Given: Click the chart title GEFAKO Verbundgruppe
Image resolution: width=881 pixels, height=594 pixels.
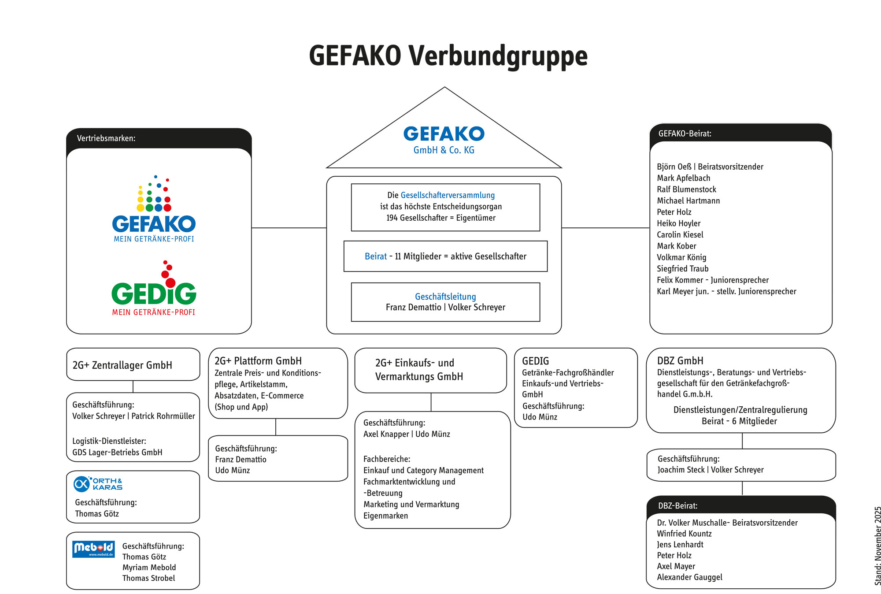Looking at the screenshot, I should (x=448, y=56).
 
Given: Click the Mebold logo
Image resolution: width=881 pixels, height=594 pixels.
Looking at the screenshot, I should (x=93, y=549).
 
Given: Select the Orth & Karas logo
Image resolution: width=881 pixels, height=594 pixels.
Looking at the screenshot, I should (x=98, y=483).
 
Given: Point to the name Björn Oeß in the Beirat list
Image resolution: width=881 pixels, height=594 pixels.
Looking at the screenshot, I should (x=674, y=167).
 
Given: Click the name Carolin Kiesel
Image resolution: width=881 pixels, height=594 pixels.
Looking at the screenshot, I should (x=680, y=234).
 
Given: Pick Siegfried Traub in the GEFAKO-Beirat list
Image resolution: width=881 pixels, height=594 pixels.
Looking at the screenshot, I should (x=682, y=268).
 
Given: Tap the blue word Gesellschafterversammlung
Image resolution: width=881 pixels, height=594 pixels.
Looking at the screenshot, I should (x=448, y=195).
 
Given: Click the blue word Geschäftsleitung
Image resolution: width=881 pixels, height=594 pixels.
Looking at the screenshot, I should (x=445, y=297).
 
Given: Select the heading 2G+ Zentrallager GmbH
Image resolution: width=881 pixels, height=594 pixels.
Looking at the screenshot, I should (x=122, y=365).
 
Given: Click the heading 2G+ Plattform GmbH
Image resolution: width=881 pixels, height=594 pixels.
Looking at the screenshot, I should (x=258, y=360).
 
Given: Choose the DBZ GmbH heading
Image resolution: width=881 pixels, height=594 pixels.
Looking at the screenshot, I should (x=680, y=360).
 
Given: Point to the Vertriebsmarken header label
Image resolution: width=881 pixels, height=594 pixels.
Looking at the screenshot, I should (x=106, y=138).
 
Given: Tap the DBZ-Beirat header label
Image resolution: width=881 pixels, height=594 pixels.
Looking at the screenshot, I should (x=677, y=505).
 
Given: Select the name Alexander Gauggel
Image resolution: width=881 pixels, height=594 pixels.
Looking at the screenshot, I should (x=689, y=577).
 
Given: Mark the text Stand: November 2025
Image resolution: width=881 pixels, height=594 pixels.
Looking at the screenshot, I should (x=877, y=546).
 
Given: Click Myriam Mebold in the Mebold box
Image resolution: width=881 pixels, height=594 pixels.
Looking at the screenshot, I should (x=149, y=567).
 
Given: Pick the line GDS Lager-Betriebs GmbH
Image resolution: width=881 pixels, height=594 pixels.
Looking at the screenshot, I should (x=117, y=452).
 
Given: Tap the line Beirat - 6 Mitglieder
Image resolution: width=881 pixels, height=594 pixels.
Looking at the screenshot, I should (x=739, y=421).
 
